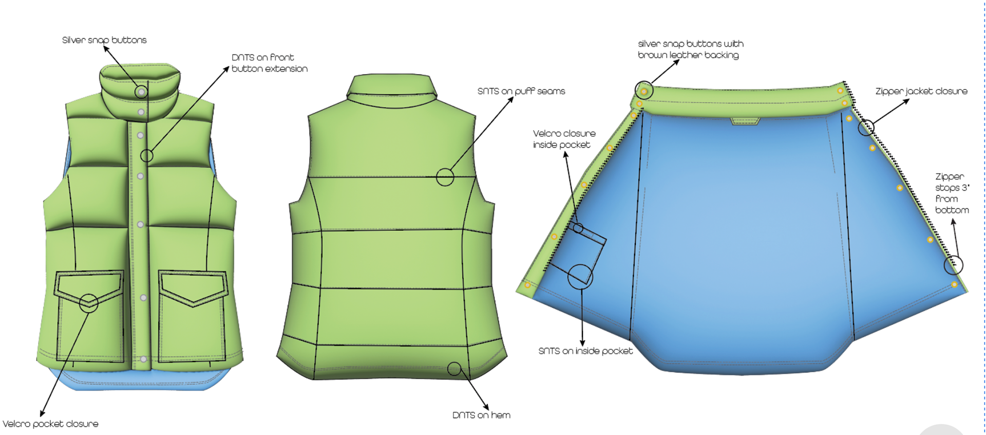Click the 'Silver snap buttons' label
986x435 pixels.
(x=104, y=40)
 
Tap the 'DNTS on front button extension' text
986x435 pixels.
(x=269, y=63)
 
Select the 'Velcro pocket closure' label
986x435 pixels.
(x=50, y=424)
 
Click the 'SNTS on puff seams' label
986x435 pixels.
(x=521, y=91)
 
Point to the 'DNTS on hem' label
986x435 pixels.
(x=481, y=415)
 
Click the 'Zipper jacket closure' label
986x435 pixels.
(x=921, y=91)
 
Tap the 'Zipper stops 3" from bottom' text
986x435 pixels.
(x=952, y=193)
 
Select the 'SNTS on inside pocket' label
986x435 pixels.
(x=585, y=351)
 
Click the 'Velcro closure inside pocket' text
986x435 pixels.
(x=564, y=139)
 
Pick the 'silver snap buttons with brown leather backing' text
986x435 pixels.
(x=690, y=49)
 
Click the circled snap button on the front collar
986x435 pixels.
(x=141, y=92)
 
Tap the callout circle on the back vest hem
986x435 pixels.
(x=454, y=368)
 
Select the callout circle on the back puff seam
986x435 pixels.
(x=445, y=177)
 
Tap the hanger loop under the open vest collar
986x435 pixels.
(x=745, y=121)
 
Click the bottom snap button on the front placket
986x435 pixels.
(x=143, y=359)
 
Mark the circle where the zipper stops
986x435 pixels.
(x=953, y=265)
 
